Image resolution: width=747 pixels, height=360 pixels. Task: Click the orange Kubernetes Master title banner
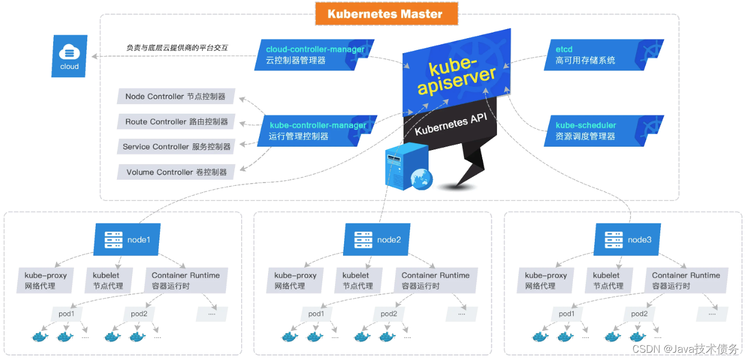tap(386, 14)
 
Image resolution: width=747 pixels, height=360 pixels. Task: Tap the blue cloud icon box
tap(69, 56)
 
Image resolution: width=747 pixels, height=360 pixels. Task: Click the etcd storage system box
tap(603, 55)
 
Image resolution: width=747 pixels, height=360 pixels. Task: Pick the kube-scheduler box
tap(603, 130)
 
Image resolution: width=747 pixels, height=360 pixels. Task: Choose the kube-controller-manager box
tap(316, 130)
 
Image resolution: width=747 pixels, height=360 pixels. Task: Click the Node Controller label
tap(176, 96)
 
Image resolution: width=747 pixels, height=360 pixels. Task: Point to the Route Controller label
tap(176, 121)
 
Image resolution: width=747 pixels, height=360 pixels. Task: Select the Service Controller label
tap(176, 147)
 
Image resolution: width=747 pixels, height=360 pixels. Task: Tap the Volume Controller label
tap(176, 172)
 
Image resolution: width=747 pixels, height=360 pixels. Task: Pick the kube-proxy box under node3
tap(546, 280)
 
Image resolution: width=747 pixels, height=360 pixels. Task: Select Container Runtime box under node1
tap(186, 280)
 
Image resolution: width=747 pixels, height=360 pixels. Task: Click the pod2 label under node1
tap(139, 314)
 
